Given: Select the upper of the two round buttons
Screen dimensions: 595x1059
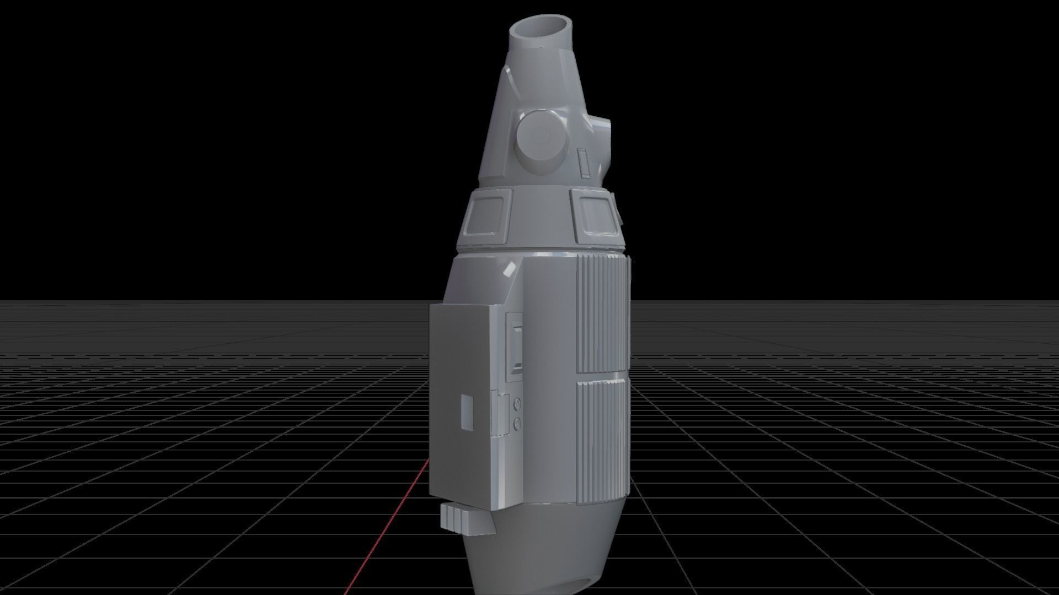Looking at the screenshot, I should (x=517, y=405).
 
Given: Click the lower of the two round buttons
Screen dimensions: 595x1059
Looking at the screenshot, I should (x=517, y=423).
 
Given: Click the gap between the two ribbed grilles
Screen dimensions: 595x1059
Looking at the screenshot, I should (x=602, y=376).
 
